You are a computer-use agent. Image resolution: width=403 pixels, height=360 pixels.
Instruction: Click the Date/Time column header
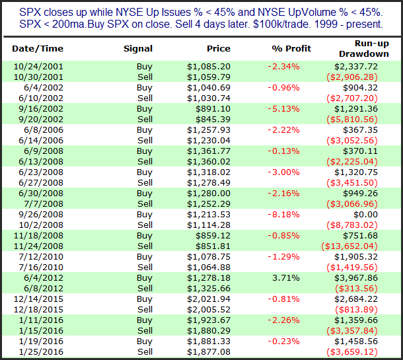coord(38,49)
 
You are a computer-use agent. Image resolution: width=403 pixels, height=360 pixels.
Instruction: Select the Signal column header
coord(138,49)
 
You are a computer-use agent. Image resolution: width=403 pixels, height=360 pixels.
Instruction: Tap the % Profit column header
coord(291,49)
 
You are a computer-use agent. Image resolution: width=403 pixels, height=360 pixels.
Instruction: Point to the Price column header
coord(219,49)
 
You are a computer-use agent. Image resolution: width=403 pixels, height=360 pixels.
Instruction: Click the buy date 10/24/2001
coord(38,67)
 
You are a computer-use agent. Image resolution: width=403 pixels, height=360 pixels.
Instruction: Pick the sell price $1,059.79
coord(209,77)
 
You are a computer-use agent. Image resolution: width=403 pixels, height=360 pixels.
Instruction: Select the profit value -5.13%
coord(283,109)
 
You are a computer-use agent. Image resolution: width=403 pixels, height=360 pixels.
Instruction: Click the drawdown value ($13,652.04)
coord(349,246)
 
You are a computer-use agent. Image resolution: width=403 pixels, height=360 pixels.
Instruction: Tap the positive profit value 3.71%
coord(286,278)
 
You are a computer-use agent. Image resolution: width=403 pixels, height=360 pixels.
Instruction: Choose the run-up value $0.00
coord(365,214)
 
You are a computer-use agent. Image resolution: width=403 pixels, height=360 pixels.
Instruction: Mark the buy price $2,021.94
coord(209,299)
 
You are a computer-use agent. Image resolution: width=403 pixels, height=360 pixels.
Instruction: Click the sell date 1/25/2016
coord(41,352)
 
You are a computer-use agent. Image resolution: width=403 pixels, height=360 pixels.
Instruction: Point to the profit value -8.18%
coord(283,214)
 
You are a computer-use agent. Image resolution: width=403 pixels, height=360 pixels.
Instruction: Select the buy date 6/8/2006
coord(44,129)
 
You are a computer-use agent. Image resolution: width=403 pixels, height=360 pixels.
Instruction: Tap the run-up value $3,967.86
coord(356,278)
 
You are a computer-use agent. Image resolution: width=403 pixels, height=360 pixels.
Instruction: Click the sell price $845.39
coord(213,119)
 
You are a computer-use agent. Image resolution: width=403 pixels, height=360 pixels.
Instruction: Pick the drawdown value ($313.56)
coord(357,288)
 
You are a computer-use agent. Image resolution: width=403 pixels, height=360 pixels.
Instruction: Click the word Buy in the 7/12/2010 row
coord(145,257)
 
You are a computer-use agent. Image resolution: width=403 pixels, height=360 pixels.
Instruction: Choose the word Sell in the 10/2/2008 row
coord(145,225)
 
